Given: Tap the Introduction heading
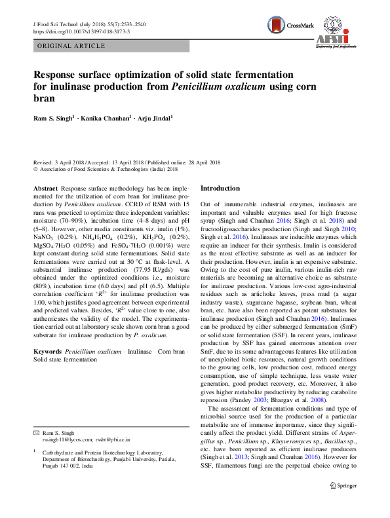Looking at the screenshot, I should click(x=220, y=188).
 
